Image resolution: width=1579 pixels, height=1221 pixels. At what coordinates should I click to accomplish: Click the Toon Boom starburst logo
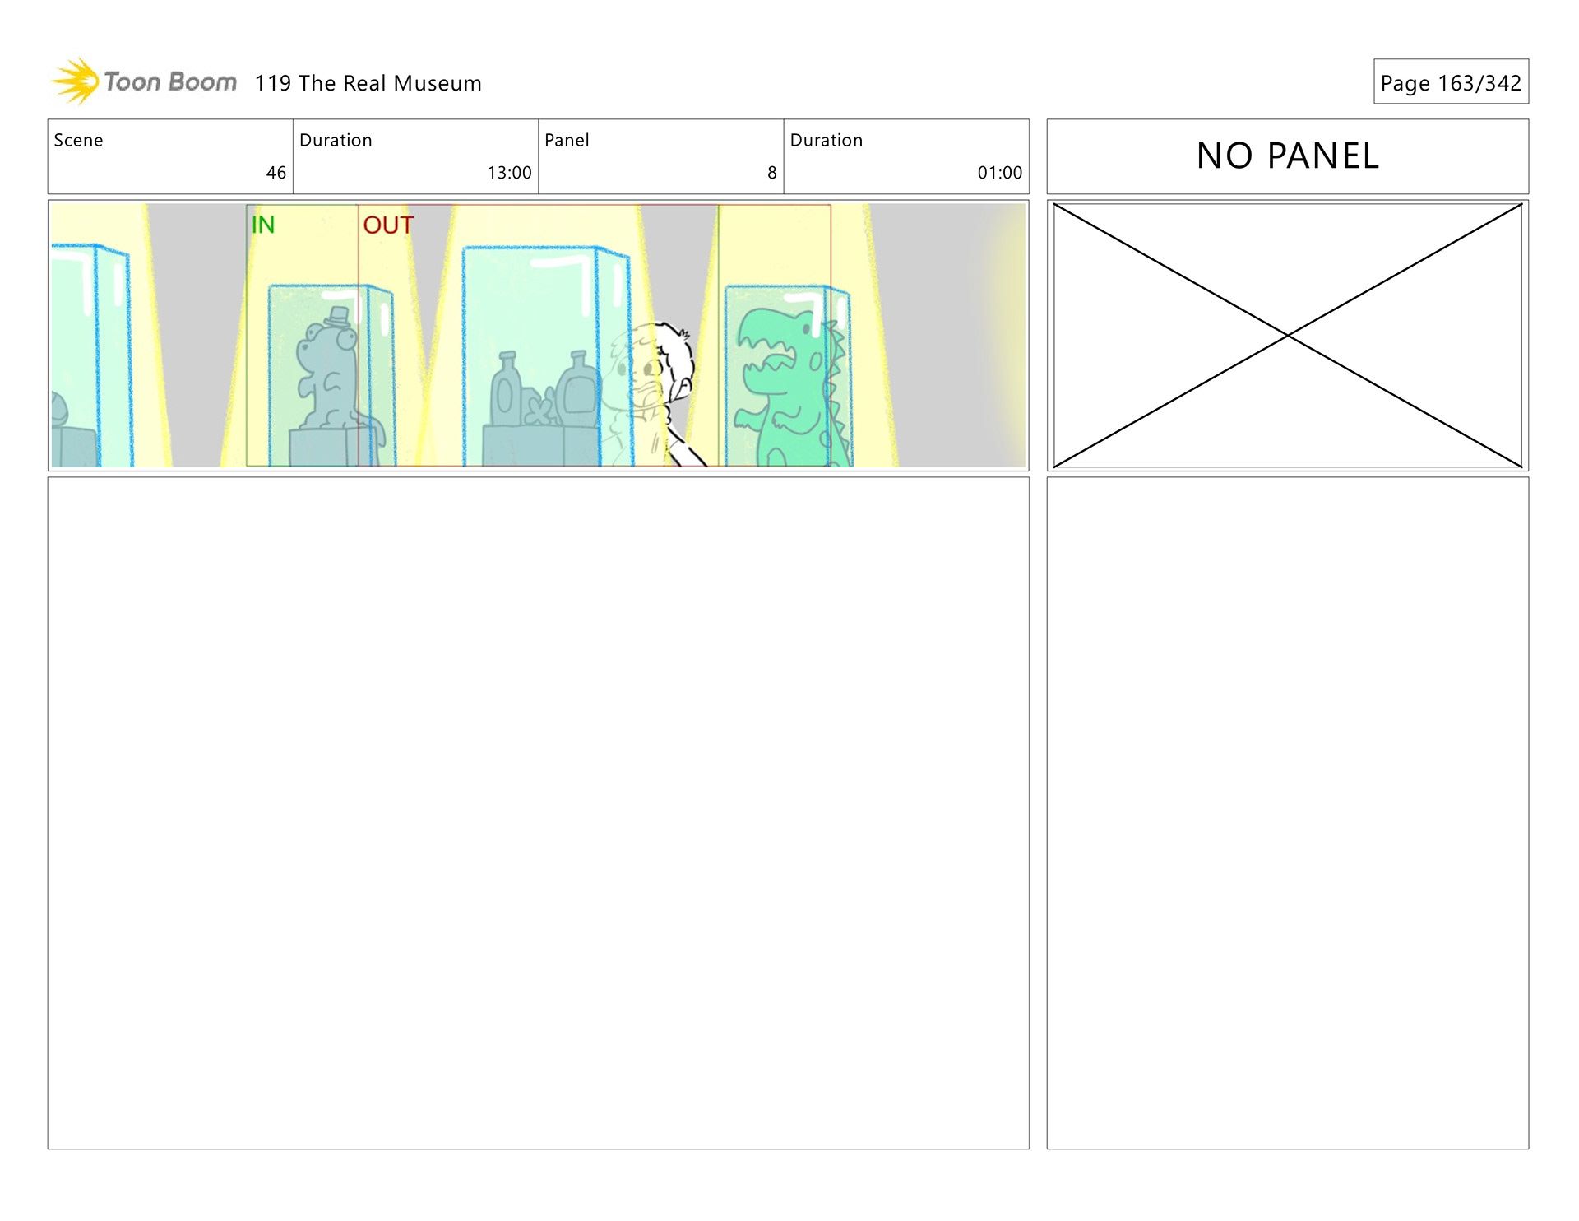pos(75,81)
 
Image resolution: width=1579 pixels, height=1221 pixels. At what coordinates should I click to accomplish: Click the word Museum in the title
pos(438,83)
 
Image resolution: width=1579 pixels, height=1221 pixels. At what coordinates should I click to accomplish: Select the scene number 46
pos(276,173)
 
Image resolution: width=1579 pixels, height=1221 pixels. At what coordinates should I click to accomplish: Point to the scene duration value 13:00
pos(509,173)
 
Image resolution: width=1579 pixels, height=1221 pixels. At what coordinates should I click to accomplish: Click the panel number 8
pos(771,173)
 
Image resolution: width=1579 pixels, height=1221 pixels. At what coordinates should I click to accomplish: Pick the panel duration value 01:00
pos(999,173)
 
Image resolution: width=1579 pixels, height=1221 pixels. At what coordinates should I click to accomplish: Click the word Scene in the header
pos(78,140)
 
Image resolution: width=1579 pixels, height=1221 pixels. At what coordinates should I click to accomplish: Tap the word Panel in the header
pos(567,140)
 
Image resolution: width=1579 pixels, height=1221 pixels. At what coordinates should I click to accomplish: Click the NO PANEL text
pos(1287,156)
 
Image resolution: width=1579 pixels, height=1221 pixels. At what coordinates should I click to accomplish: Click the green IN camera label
pos(263,225)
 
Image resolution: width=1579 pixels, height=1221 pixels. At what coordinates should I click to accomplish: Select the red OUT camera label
pos(388,225)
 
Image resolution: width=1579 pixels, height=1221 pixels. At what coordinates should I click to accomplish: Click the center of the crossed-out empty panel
pos(1288,336)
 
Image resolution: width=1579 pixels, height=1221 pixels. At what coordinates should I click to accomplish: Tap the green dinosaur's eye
pos(808,329)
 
